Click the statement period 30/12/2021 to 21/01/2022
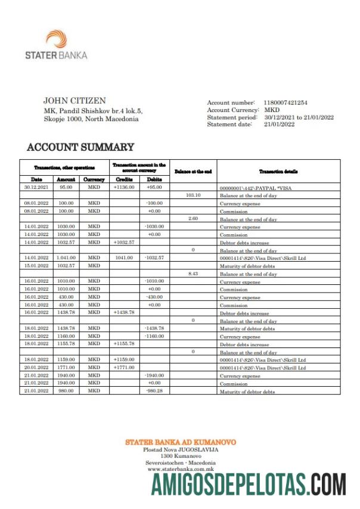(x=299, y=117)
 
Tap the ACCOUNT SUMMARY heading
(x=80, y=147)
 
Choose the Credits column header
(x=124, y=179)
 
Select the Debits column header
(x=154, y=179)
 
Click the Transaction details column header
(x=278, y=171)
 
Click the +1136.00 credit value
(x=124, y=187)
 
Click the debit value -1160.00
(x=154, y=336)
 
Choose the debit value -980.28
(x=154, y=391)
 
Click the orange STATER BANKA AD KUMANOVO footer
(x=180, y=442)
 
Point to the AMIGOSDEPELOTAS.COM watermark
(x=248, y=484)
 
